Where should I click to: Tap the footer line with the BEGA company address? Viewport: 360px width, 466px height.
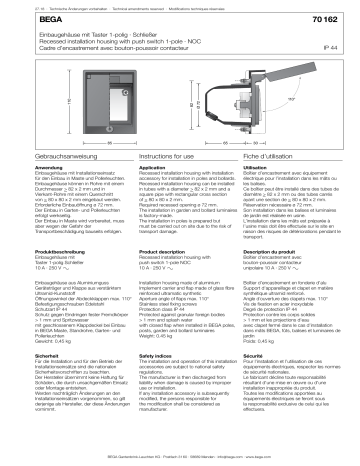coord(180,457)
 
